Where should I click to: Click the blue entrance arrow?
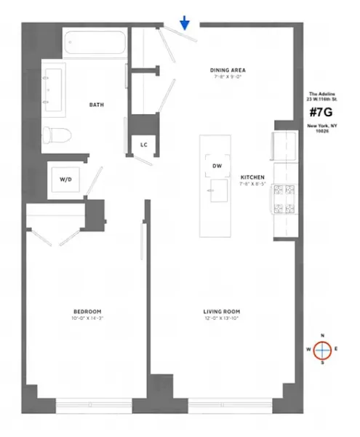tap(185, 24)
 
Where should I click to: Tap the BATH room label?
tap(96, 105)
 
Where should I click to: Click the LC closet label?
tap(144, 145)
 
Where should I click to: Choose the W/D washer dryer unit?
tap(65, 178)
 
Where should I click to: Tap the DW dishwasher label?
tap(217, 166)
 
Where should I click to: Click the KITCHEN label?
tap(253, 177)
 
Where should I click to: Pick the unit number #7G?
tap(322, 113)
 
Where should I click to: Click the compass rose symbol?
tap(321, 350)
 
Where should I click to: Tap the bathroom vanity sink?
tap(50, 83)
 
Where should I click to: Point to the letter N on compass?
tap(321, 336)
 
